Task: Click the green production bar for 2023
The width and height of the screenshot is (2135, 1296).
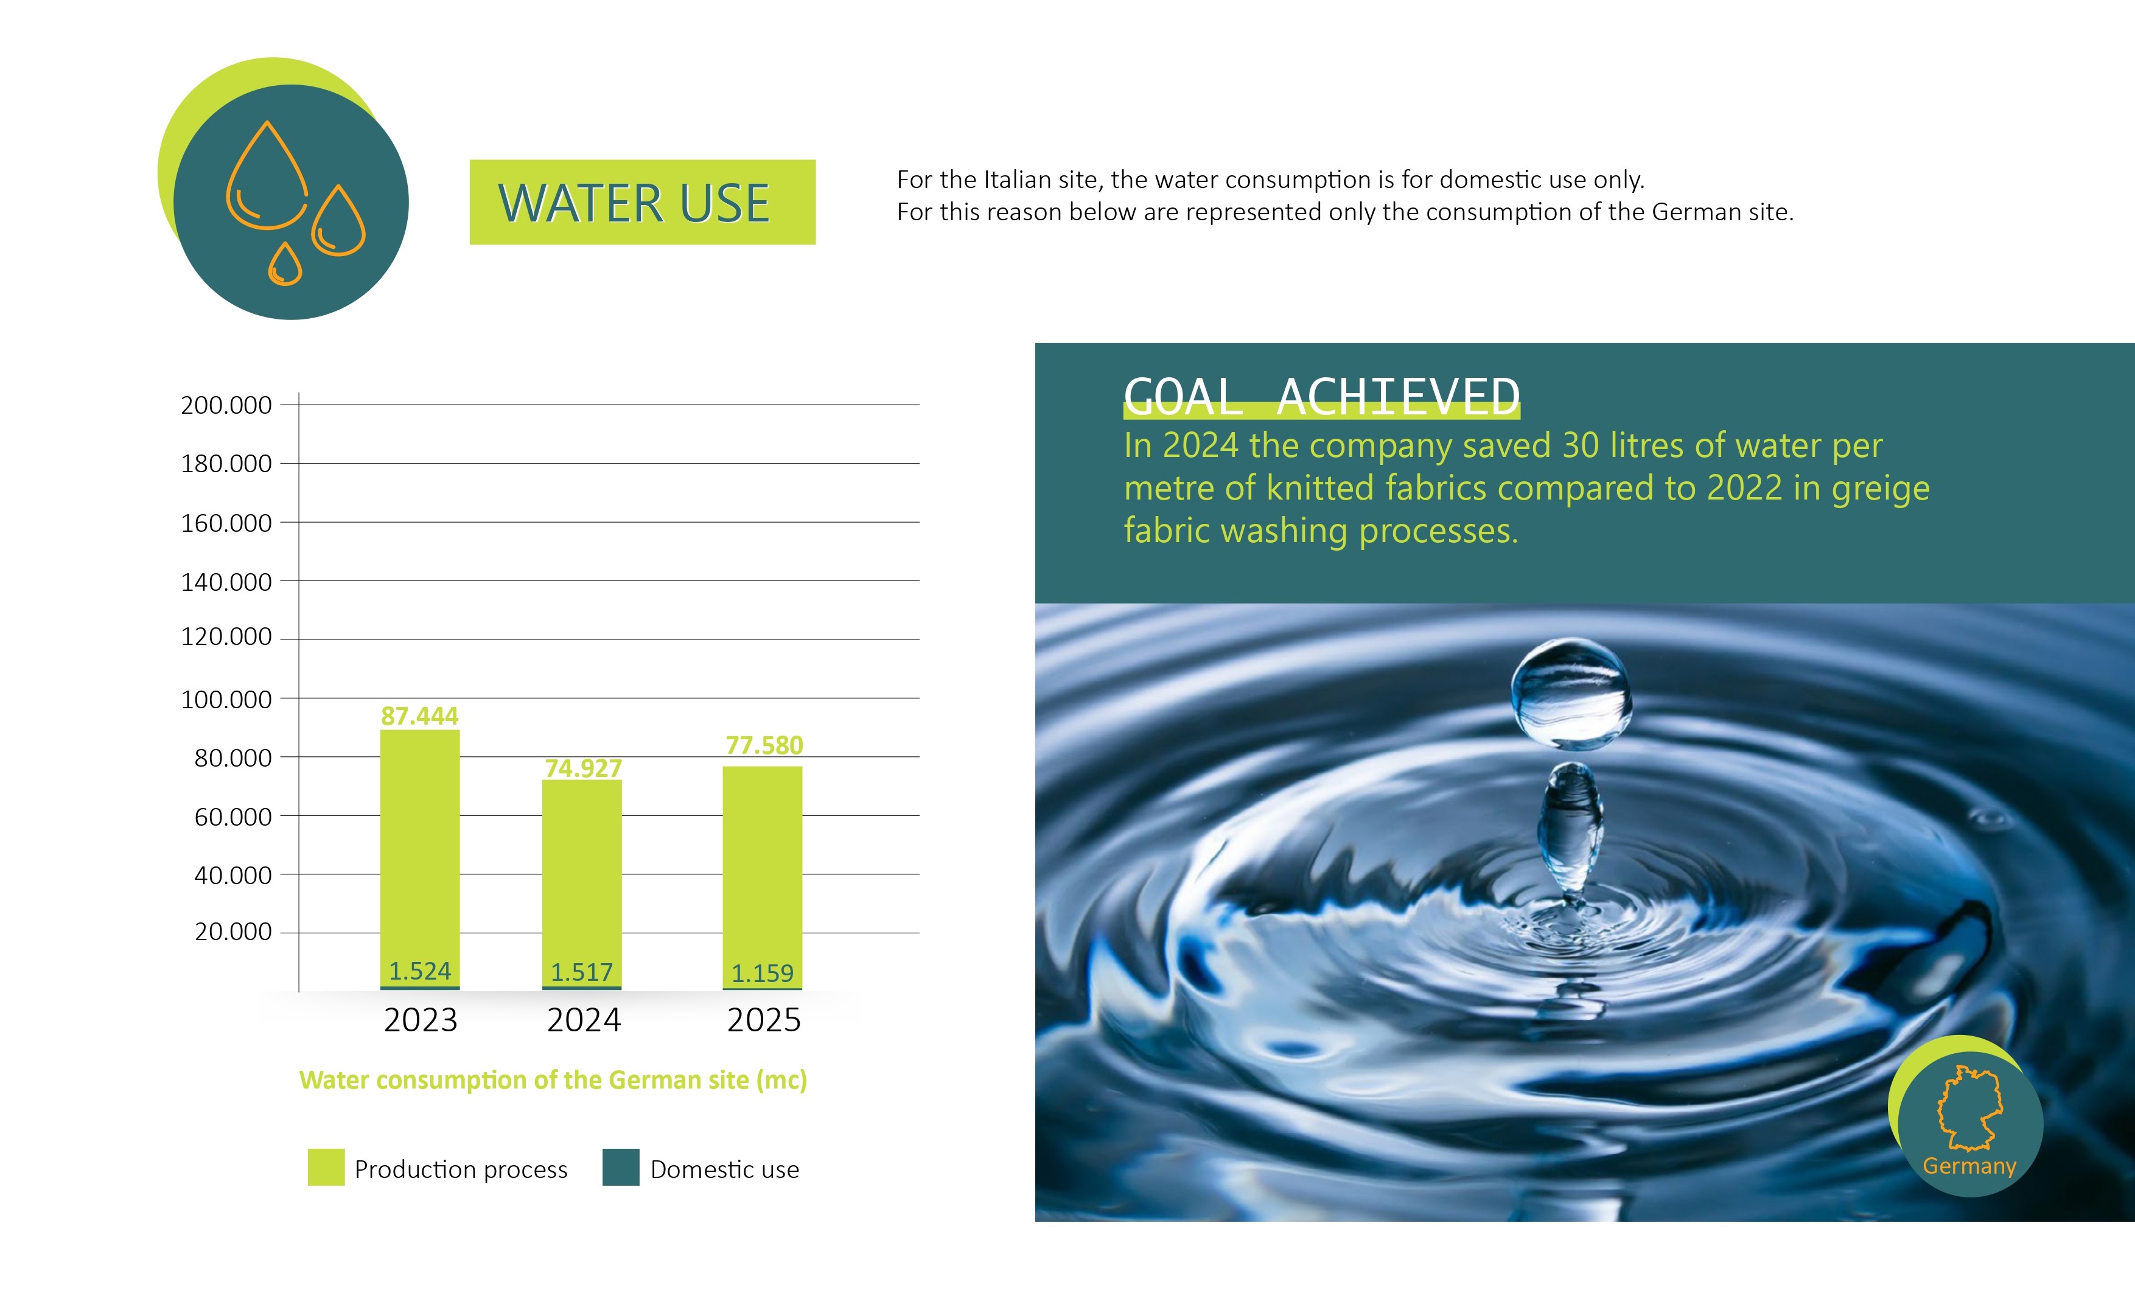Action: pos(419,858)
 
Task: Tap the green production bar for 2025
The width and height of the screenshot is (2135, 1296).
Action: pos(763,877)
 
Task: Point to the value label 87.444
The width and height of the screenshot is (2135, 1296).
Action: pos(419,716)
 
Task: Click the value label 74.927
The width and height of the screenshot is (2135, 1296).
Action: pos(583,768)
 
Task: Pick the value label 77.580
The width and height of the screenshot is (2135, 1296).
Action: pos(764,745)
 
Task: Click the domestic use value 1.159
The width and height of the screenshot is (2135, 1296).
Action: pos(763,973)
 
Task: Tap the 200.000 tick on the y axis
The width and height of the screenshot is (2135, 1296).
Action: pos(226,405)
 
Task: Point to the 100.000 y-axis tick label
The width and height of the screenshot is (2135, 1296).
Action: pos(226,699)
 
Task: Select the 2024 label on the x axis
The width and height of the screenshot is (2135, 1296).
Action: pos(584,1020)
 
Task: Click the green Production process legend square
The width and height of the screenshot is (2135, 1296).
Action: pos(326,1167)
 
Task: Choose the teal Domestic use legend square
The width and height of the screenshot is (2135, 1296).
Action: pos(620,1167)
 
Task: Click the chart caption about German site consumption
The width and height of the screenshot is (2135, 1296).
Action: pos(553,1080)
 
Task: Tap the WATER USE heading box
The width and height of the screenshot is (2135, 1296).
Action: pos(642,202)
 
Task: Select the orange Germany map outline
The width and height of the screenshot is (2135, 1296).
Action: pos(1969,1107)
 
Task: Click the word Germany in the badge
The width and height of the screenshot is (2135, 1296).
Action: pos(1969,1166)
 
